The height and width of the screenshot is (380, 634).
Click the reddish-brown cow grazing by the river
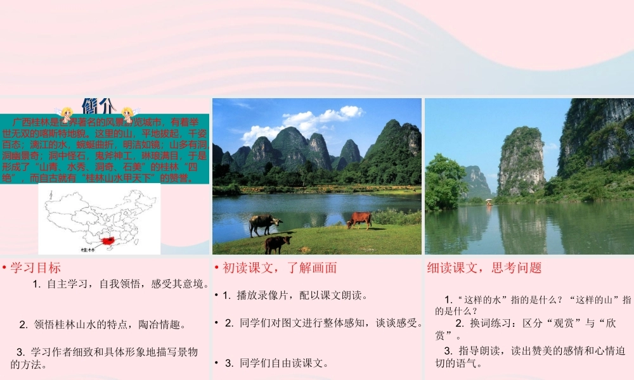tap(359, 219)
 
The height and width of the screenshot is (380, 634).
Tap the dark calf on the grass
tap(278, 243)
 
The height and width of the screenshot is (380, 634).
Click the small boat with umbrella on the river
tap(488, 202)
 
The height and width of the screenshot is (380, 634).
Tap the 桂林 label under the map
tap(87, 250)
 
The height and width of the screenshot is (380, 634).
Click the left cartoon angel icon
tap(66, 115)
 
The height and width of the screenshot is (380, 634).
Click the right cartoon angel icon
tap(129, 115)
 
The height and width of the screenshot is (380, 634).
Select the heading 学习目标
tap(36, 268)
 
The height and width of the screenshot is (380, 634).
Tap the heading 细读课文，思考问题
tap(484, 268)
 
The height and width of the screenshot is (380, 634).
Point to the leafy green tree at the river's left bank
tap(444, 180)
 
